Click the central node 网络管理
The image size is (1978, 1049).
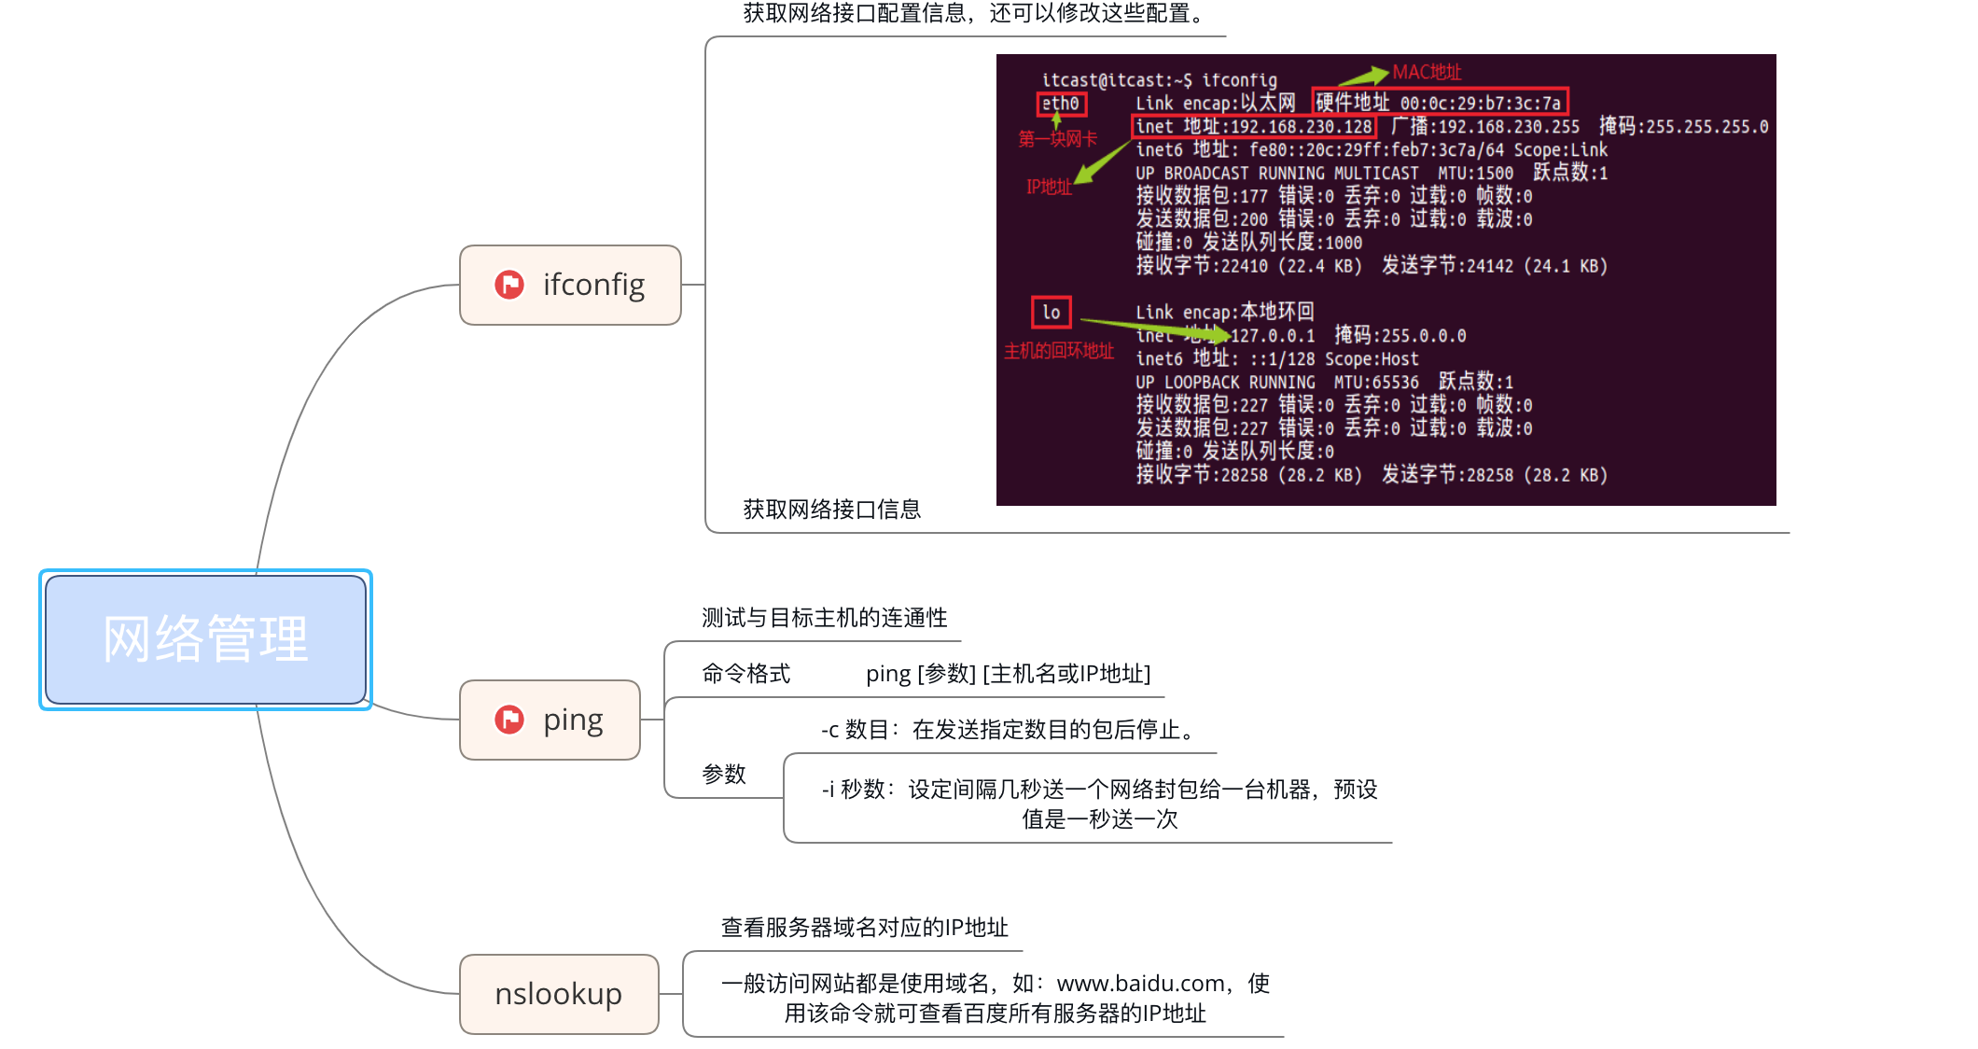[x=205, y=639]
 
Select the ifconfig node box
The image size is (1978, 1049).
[x=570, y=285]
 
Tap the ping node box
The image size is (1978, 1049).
[x=550, y=720]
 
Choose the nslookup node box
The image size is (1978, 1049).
[x=558, y=994]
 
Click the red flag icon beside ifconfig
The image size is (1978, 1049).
[x=509, y=285]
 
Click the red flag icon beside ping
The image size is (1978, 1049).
[x=509, y=720]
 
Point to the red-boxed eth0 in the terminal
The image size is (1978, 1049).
[x=1061, y=104]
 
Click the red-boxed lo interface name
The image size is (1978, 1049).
[x=1052, y=313]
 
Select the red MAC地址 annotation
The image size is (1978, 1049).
[x=1427, y=72]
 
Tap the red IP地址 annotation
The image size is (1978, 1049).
[x=1049, y=187]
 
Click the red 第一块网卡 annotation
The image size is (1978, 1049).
[x=1057, y=139]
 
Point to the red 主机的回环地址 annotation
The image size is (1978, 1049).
[x=1059, y=351]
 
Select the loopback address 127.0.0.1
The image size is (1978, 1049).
[x=1273, y=336]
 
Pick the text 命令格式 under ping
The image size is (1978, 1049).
[x=745, y=674]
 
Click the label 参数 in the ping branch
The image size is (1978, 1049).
[x=724, y=774]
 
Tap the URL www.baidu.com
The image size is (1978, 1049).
[x=1140, y=983]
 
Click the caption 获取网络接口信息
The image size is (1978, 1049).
[x=831, y=510]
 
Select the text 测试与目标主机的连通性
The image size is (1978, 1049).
[x=824, y=618]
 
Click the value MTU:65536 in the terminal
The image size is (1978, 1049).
[x=1376, y=383]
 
